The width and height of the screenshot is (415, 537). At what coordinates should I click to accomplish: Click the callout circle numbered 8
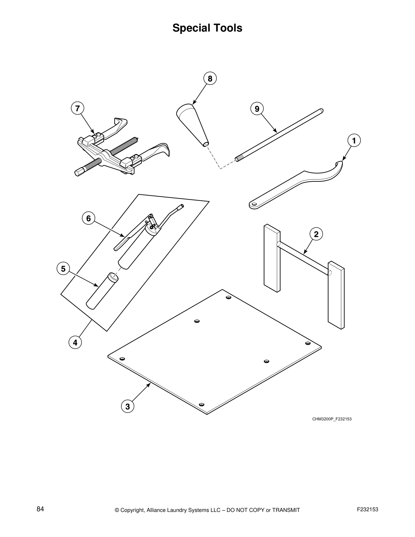tap(210, 79)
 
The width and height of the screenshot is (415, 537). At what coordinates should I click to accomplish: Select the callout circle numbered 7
tap(78, 108)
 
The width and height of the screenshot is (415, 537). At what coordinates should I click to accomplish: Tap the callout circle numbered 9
tap(257, 109)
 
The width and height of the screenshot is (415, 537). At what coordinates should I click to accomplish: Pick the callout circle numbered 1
tap(354, 140)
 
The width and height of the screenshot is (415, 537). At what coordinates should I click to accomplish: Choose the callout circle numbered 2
tap(316, 234)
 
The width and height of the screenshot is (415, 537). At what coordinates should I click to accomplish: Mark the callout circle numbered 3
tap(127, 406)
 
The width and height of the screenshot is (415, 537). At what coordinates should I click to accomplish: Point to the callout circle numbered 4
tap(75, 342)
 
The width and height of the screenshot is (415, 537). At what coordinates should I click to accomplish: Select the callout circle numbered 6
tap(88, 218)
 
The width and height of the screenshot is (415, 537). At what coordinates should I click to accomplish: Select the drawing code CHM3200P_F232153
tap(332, 419)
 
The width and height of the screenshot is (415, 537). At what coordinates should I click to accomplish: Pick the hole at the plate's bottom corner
tap(202, 404)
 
